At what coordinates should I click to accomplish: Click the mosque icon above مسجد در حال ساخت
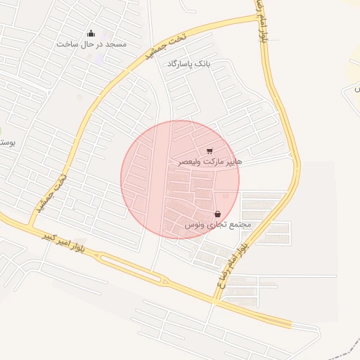[x=91, y=33]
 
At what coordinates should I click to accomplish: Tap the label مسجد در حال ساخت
[x=92, y=44]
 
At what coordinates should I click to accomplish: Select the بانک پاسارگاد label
[x=189, y=64]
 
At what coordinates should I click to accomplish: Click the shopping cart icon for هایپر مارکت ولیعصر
[x=210, y=151]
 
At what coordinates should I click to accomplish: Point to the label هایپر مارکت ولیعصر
[x=210, y=162]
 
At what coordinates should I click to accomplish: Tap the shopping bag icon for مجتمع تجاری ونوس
[x=217, y=214]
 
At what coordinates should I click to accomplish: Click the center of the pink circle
[x=180, y=180]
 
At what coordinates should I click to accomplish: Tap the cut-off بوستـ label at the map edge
[x=6, y=142]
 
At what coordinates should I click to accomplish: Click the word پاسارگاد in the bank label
[x=181, y=64]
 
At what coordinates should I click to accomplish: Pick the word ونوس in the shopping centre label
[x=194, y=225]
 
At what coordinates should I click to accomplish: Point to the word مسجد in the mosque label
[x=116, y=44]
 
